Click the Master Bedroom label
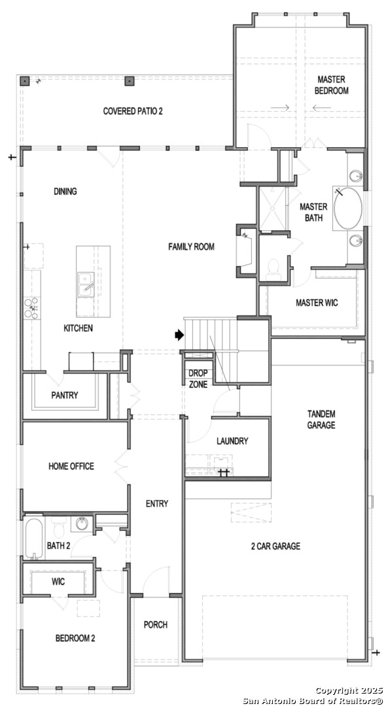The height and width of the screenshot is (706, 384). (x=332, y=85)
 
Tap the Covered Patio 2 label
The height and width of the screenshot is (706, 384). (x=133, y=110)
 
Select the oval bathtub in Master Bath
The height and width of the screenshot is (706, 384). (x=347, y=209)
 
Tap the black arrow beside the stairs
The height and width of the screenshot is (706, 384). (x=179, y=335)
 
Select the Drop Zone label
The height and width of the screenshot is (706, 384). (x=198, y=378)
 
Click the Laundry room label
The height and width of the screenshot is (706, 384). (x=233, y=441)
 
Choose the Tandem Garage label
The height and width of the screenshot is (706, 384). (x=321, y=419)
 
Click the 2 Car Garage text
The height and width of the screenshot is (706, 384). (x=276, y=546)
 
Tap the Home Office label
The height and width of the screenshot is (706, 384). (x=71, y=466)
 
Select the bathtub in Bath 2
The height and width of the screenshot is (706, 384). (x=33, y=538)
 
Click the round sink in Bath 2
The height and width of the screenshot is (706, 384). (x=82, y=524)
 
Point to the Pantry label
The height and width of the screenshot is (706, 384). (x=65, y=395)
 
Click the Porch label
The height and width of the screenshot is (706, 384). (x=156, y=624)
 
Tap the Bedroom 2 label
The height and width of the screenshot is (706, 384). (x=75, y=638)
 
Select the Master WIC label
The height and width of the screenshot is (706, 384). (x=317, y=303)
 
